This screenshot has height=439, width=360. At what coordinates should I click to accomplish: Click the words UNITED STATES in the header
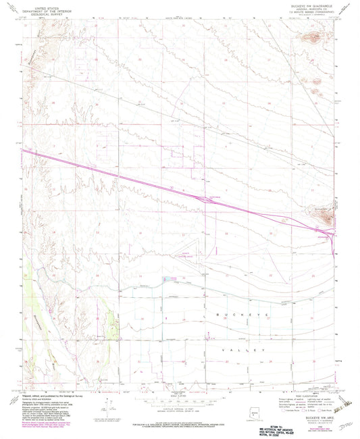(x=42, y=5)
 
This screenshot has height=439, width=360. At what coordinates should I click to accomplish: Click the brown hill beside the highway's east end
(x=327, y=216)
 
